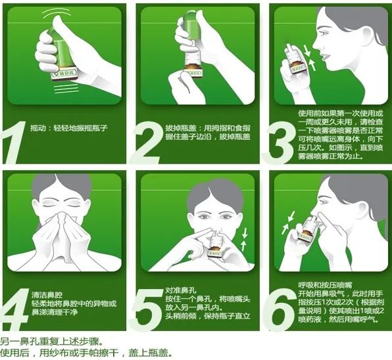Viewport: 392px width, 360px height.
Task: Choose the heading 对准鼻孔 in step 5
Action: [x=178, y=289]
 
